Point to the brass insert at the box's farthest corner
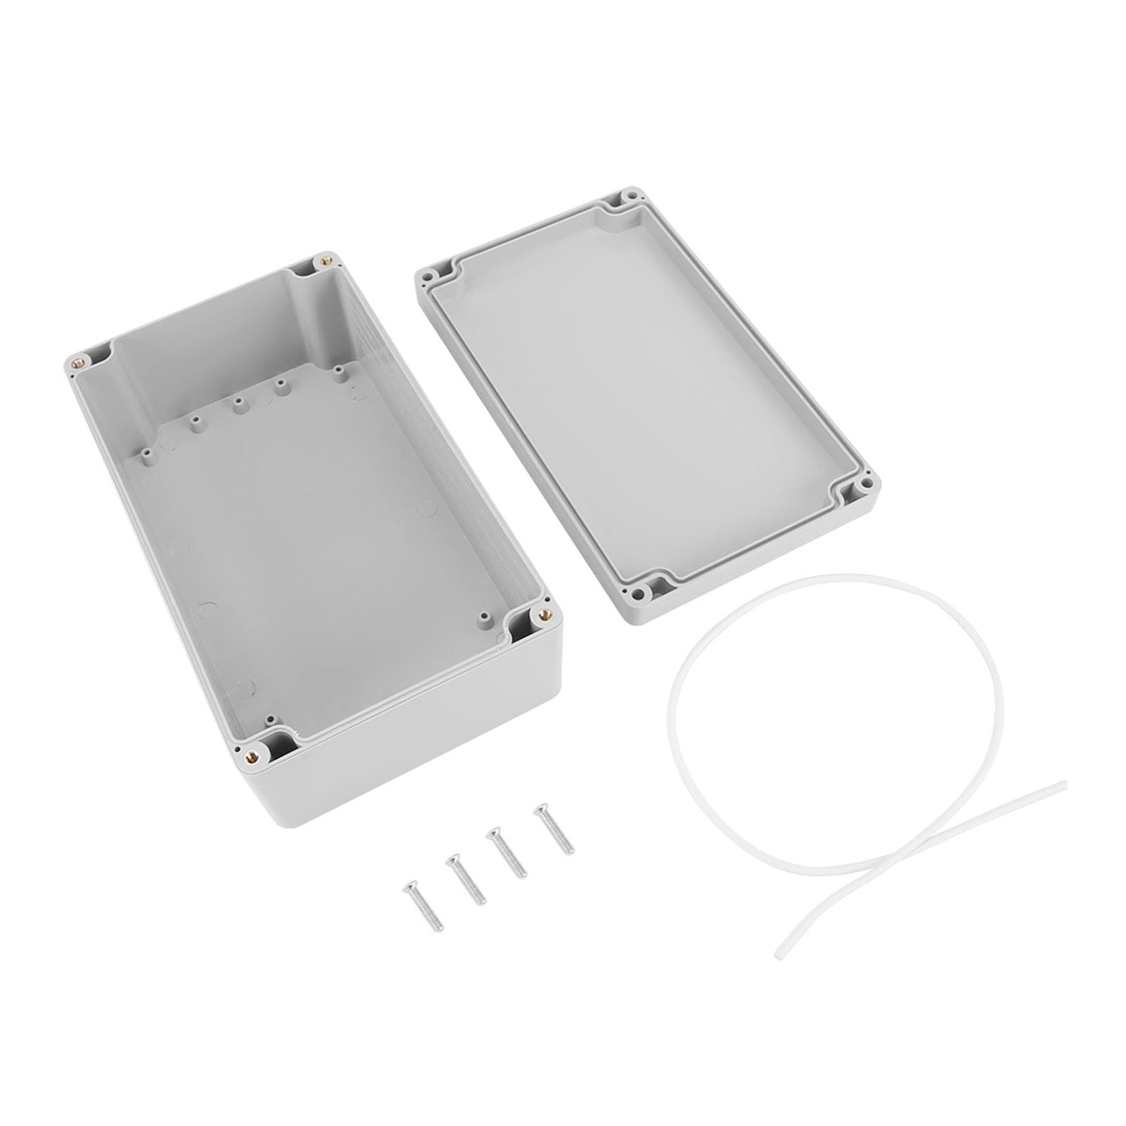tap(324, 260)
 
